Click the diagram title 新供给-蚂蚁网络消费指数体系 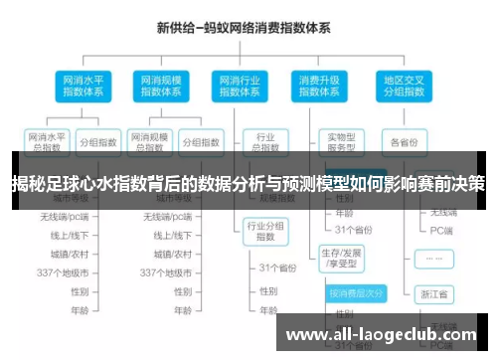248,31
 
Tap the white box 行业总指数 265,140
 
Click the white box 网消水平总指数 46,140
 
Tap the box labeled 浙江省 435,294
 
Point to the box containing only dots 435,257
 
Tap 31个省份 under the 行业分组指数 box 279,268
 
